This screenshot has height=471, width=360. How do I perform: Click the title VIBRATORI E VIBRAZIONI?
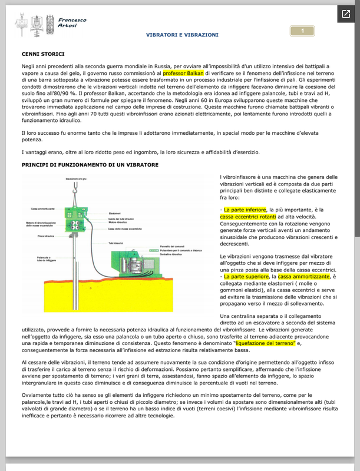[182, 35]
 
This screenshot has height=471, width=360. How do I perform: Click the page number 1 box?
[302, 31]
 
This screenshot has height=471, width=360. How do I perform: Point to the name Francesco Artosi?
[72, 22]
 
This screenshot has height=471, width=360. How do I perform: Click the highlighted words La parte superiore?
[243, 276]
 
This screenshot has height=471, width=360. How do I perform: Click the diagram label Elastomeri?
[115, 213]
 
